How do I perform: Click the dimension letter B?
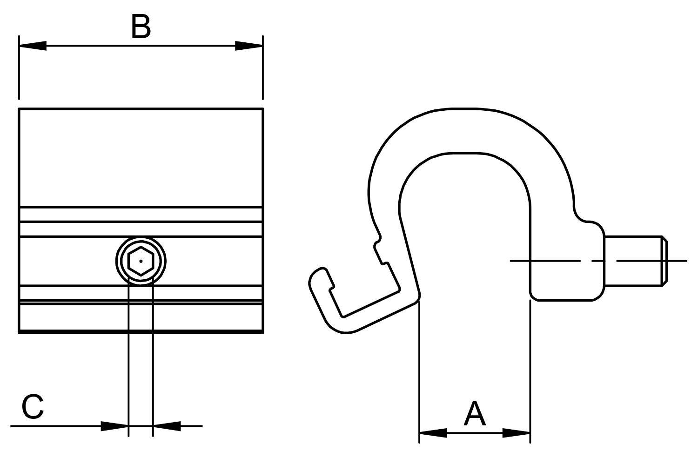141,27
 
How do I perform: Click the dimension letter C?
33,407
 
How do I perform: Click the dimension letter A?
475,414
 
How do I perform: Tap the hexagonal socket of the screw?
141,261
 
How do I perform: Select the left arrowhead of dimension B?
33,46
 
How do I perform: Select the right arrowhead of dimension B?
249,46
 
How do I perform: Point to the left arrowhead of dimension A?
433,433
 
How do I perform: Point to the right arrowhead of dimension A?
517,433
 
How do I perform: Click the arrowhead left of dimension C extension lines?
114,426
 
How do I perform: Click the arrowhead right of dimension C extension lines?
167,426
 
